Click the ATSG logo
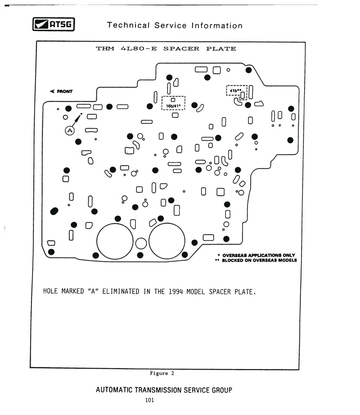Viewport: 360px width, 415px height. tap(54, 24)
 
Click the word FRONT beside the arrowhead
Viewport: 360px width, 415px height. tap(65, 91)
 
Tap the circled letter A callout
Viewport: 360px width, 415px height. tap(70, 130)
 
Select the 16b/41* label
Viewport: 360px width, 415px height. tap(173, 106)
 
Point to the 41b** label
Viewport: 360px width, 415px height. tap(235, 90)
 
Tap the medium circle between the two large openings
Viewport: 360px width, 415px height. tap(141, 244)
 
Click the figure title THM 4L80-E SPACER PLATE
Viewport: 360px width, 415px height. tap(166, 49)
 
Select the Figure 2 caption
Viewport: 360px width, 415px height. tap(162, 373)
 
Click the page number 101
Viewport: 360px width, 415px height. tap(149, 400)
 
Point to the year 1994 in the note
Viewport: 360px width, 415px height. tap(175, 292)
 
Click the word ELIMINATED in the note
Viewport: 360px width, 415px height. tap(121, 291)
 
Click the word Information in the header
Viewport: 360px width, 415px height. tap(217, 26)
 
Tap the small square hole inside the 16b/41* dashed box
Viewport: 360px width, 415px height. tap(173, 100)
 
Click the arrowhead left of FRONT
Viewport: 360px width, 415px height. tap(52, 91)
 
